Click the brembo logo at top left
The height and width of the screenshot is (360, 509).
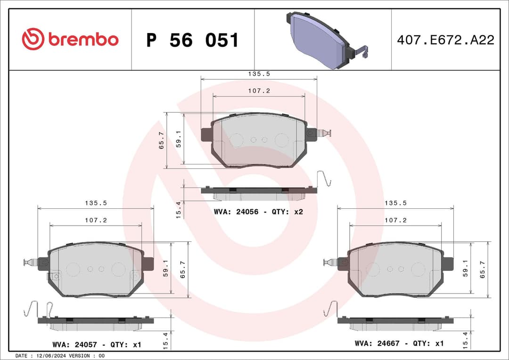tap(70, 40)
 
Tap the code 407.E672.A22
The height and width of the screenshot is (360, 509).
tap(445, 40)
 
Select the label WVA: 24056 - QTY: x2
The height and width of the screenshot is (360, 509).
tap(258, 212)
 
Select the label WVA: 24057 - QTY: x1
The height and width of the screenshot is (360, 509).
tap(97, 344)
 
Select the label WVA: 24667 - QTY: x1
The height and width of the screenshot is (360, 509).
tap(399, 344)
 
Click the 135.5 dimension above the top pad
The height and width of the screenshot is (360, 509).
tap(259, 74)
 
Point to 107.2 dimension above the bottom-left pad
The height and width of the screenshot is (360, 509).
tap(96, 220)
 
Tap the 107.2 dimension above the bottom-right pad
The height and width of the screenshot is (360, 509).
tap(395, 220)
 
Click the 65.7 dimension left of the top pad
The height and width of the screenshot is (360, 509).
tap(162, 140)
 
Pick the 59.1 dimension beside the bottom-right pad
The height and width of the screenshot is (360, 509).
tap(465, 269)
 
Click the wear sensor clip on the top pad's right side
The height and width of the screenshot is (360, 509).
tap(323, 133)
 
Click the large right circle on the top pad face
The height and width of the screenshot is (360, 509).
tap(282, 140)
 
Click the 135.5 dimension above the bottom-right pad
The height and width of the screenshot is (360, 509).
tap(395, 203)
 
